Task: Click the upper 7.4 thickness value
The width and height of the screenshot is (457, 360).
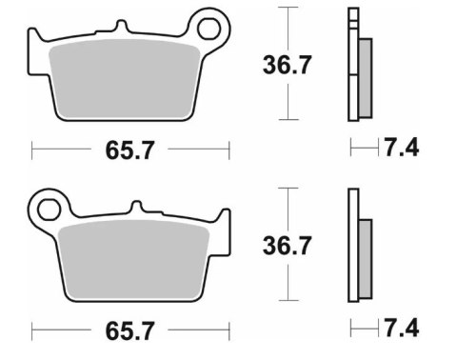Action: point(401,148)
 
